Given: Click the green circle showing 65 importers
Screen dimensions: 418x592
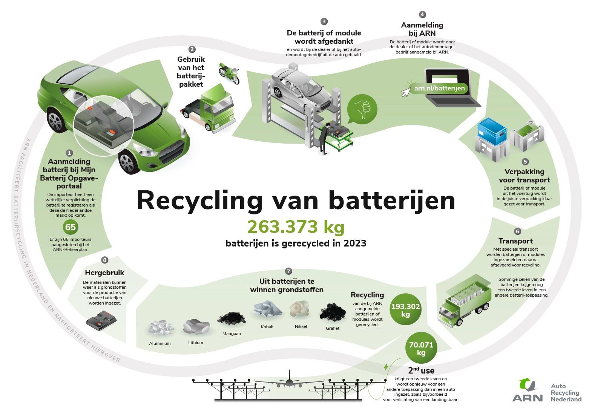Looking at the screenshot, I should point(71,227).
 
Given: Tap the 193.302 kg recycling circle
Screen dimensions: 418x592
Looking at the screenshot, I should point(405,310).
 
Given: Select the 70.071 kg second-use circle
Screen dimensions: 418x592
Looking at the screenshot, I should point(421,349).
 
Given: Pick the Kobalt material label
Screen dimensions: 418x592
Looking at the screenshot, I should point(267,327).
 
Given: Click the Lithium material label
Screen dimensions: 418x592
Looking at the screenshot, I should point(196,343).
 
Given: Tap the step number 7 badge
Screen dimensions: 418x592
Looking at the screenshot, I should point(288,271).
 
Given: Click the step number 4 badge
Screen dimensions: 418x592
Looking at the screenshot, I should point(422,15).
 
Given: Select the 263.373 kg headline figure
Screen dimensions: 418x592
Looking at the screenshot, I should point(296,227).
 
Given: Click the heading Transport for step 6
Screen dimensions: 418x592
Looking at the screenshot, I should point(515,241).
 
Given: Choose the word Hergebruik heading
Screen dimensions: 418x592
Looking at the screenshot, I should point(105,272).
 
